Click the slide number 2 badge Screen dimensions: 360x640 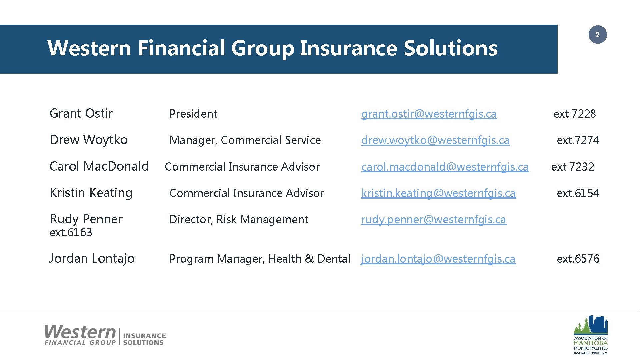[x=597, y=35]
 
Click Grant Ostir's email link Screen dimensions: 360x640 [x=429, y=114]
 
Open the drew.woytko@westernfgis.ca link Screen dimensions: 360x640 [x=435, y=140]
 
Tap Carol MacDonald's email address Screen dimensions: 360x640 [x=445, y=167]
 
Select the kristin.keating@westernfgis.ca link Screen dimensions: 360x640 [x=439, y=193]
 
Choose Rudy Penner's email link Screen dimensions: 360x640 [x=434, y=219]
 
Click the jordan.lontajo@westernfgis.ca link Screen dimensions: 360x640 [x=438, y=259]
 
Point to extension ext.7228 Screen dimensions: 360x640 [x=574, y=114]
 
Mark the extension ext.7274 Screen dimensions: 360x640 [x=578, y=140]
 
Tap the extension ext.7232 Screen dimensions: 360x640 [x=572, y=167]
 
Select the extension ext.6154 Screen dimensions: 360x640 [x=578, y=193]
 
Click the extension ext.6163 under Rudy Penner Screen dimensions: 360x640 [x=71, y=232]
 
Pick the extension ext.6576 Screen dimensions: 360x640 [x=578, y=259]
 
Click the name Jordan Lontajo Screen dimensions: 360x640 [x=92, y=259]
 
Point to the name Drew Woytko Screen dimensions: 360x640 [x=88, y=140]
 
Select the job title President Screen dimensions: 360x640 [x=193, y=114]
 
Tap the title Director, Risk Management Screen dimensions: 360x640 [x=239, y=219]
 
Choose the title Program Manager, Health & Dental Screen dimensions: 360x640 [x=260, y=259]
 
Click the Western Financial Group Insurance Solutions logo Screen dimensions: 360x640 [x=105, y=335]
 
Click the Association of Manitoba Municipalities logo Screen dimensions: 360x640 [x=590, y=335]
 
